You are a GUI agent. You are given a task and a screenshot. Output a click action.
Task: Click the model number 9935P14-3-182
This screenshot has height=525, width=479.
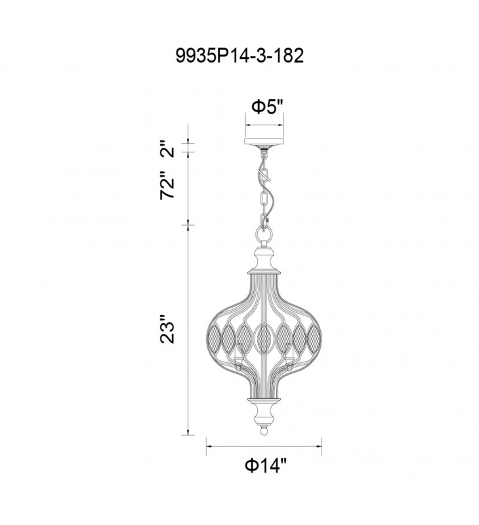(239, 56)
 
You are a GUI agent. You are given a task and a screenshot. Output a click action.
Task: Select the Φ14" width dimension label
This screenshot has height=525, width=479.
(266, 465)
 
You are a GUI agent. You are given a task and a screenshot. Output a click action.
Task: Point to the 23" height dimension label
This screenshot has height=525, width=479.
(167, 329)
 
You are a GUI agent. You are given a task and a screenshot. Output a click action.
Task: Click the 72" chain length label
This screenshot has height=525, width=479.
(167, 188)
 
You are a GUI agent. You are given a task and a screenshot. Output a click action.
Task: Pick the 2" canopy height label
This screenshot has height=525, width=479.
(167, 149)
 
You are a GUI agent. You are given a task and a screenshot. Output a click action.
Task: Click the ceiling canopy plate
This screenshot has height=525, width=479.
(264, 143)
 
